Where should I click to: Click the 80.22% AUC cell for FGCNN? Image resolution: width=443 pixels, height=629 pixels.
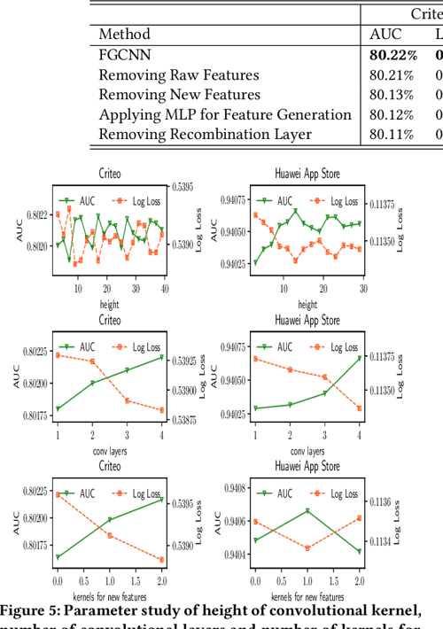pyautogui.click(x=393, y=55)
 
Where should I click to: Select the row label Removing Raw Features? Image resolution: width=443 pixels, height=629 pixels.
pyautogui.click(x=179, y=74)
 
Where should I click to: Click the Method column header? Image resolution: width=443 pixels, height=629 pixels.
pyautogui.click(x=124, y=35)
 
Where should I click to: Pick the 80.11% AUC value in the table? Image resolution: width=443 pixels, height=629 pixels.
pyautogui.click(x=391, y=134)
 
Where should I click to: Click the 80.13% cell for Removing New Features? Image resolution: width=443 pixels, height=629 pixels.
pyautogui.click(x=391, y=95)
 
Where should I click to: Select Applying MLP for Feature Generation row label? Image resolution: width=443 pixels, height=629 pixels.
pyautogui.click(x=225, y=114)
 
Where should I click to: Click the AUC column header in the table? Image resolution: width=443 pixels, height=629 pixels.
pyautogui.click(x=385, y=35)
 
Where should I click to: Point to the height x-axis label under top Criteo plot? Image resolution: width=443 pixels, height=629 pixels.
pyautogui.click(x=109, y=304)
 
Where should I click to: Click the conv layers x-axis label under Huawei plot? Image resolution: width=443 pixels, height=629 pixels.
pyautogui.click(x=307, y=450)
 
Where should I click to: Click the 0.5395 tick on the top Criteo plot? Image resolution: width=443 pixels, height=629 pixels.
pyautogui.click(x=183, y=188)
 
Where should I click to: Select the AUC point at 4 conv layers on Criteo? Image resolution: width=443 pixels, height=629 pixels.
pyautogui.click(x=161, y=357)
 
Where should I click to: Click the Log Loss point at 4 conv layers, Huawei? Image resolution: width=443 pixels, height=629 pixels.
pyautogui.click(x=359, y=408)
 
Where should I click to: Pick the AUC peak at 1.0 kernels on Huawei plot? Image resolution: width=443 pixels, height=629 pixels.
pyautogui.click(x=307, y=510)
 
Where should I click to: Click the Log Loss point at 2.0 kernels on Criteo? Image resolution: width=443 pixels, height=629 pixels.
pyautogui.click(x=161, y=560)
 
